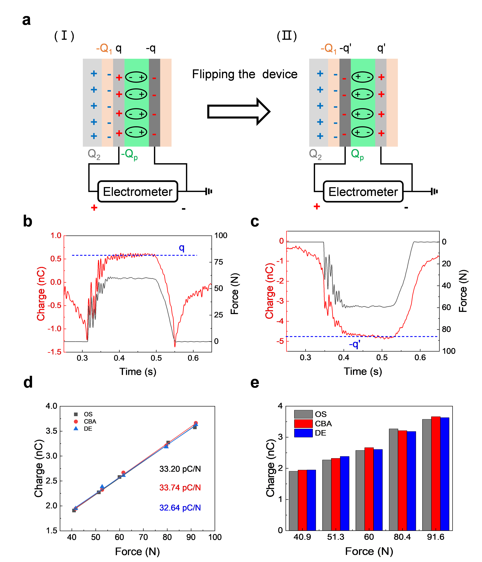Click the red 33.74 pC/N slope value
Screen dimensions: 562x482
180,487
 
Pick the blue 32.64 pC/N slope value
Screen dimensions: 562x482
180,507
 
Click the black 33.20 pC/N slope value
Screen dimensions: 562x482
180,469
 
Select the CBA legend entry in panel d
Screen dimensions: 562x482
90,422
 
